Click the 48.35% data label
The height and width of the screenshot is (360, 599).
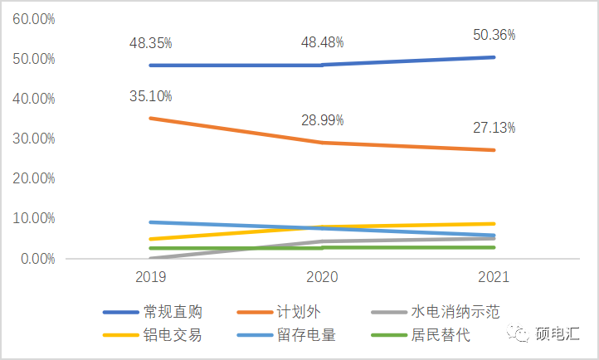[x=150, y=41]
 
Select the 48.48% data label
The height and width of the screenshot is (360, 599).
[x=322, y=41]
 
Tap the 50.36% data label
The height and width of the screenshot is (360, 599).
[x=494, y=34]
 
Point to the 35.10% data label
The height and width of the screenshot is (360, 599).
[x=150, y=96]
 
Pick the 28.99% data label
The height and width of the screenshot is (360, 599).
[x=322, y=120]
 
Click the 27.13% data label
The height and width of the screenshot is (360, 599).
[x=494, y=128]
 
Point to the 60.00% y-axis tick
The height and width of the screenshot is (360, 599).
[x=32, y=19]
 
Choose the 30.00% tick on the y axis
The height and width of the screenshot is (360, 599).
[x=32, y=139]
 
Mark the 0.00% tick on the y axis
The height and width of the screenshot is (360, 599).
[x=36, y=259]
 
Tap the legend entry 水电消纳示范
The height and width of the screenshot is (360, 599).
[x=455, y=313]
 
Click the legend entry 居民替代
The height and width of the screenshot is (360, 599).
[x=441, y=335]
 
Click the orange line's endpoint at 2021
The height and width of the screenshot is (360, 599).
[x=494, y=150]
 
